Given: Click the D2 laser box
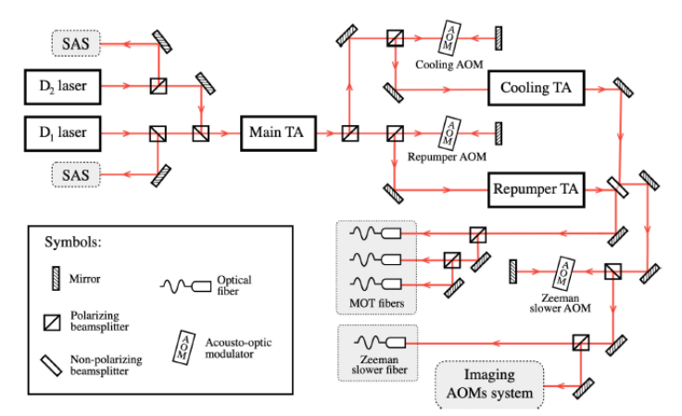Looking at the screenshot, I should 63,87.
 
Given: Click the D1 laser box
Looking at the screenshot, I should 63,132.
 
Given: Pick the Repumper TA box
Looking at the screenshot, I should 536,191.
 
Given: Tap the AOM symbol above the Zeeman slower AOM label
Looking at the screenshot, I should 562,272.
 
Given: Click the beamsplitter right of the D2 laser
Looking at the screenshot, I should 159,87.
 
